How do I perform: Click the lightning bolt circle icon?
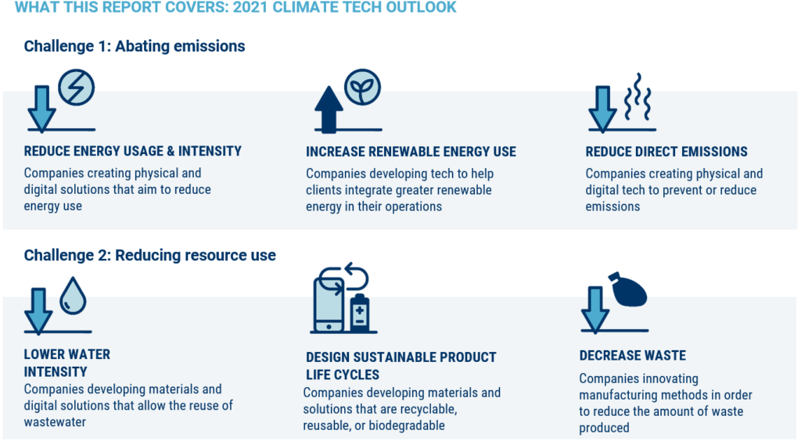pyautogui.click(x=77, y=88)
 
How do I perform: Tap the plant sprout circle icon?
pyautogui.click(x=362, y=88)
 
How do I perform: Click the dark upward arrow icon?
pyautogui.click(x=329, y=109)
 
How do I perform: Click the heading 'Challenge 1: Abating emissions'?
pyautogui.click(x=135, y=46)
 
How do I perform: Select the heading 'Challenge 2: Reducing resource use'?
pyautogui.click(x=149, y=256)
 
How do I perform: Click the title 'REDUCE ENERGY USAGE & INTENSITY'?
pyautogui.click(x=133, y=151)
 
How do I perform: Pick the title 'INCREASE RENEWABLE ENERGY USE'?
pyautogui.click(x=411, y=152)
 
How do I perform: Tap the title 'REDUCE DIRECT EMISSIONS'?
pyautogui.click(x=666, y=152)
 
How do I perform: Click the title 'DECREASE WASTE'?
pyautogui.click(x=632, y=356)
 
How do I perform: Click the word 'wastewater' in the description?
pyautogui.click(x=56, y=422)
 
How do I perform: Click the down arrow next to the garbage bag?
pyautogui.click(x=600, y=308)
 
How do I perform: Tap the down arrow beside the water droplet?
pyautogui.click(x=38, y=309)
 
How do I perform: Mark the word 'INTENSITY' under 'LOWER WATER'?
pyautogui.click(x=56, y=372)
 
